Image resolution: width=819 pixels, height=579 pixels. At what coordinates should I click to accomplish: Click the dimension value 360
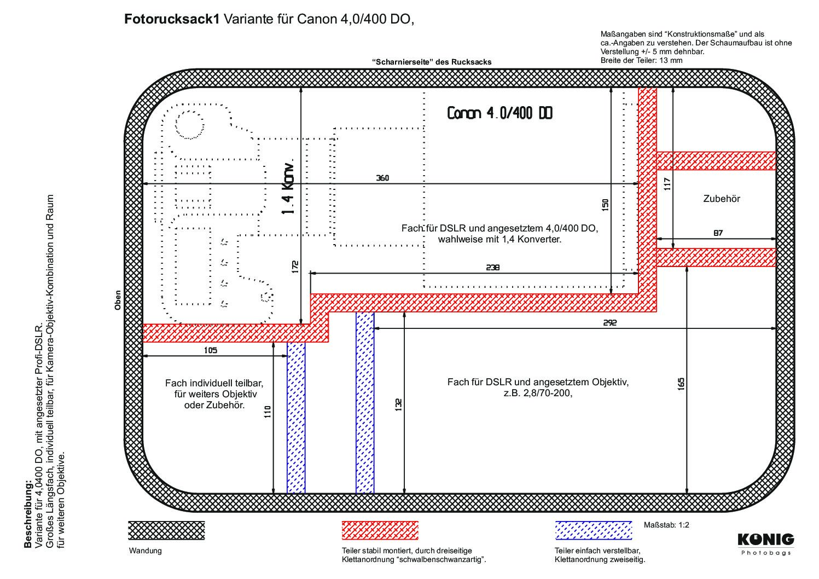[382, 178]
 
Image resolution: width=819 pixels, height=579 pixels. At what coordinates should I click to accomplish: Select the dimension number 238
[492, 268]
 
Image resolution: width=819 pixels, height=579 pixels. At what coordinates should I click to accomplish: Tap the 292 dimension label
[609, 323]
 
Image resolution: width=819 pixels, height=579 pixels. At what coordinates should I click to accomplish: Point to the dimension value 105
[210, 350]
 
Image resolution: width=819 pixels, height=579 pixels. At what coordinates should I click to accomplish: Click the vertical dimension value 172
[295, 267]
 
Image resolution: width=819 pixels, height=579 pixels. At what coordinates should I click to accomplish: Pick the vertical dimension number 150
[605, 205]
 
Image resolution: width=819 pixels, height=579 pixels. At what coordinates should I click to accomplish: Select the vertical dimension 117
[667, 183]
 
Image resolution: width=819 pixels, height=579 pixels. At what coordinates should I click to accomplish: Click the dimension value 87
[718, 233]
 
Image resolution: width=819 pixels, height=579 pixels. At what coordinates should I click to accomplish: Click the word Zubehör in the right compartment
[721, 199]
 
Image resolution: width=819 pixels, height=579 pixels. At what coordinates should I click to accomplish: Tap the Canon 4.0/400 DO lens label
[499, 113]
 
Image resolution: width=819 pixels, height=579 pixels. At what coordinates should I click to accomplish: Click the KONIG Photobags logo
[765, 543]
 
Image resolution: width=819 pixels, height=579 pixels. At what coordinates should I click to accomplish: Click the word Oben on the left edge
[118, 300]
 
